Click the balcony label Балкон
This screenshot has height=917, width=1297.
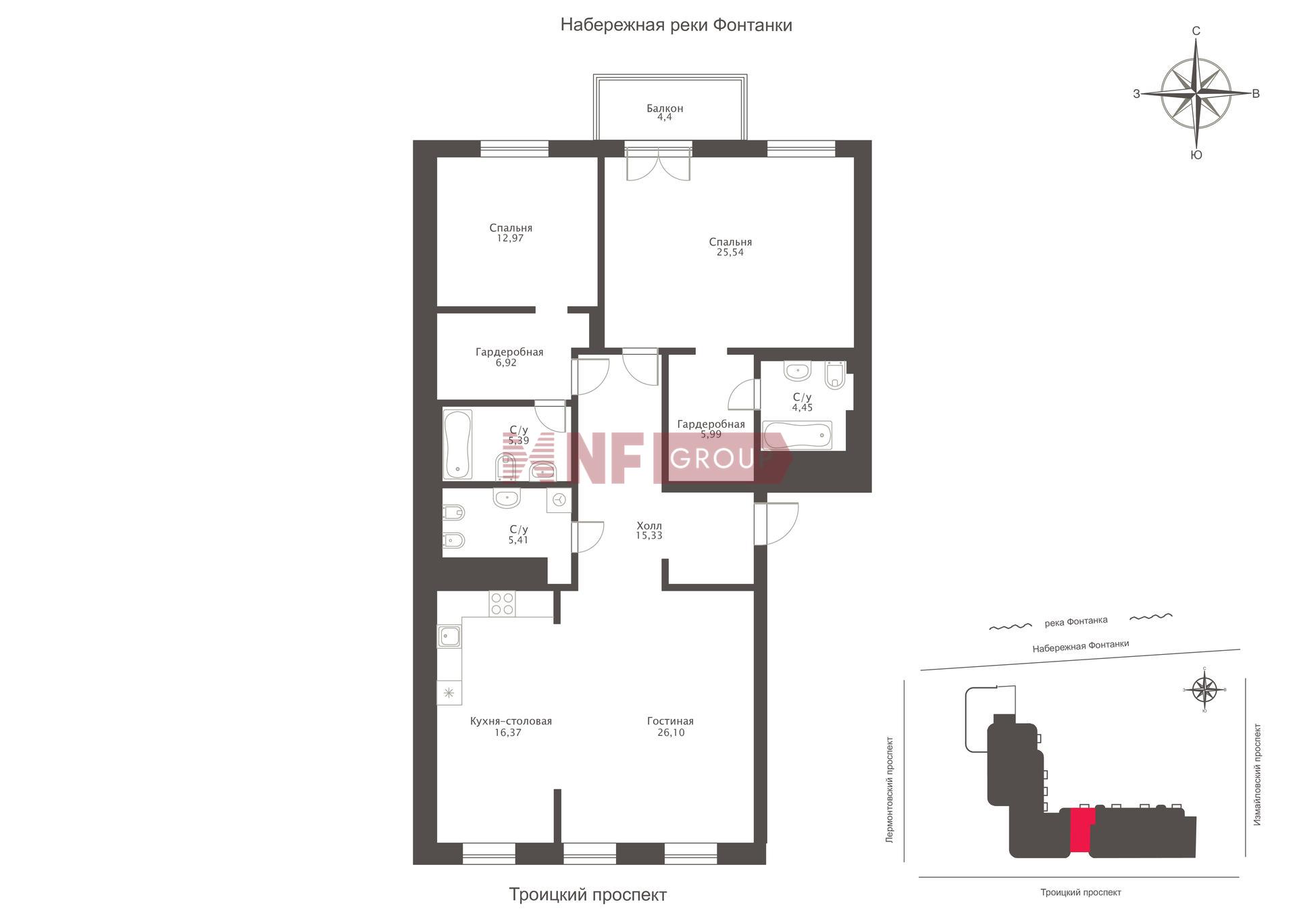coord(665,108)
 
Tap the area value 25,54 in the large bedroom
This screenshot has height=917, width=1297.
coord(730,253)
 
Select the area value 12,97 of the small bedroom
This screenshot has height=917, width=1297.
coord(510,239)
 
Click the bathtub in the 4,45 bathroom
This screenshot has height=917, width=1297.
coord(797,435)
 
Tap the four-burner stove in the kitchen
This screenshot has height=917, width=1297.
coord(502,603)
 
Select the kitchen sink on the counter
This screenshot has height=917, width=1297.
coord(449,637)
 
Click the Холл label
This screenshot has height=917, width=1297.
coord(649,525)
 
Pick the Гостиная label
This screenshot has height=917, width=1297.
coord(670,721)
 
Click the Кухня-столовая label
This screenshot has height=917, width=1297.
coord(511,721)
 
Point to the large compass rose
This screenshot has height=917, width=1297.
coord(1196,93)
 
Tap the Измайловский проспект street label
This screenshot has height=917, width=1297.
coord(1257,774)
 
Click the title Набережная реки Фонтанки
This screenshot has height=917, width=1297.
coord(676,25)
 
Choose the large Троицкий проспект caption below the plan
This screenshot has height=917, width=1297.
coord(588,895)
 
